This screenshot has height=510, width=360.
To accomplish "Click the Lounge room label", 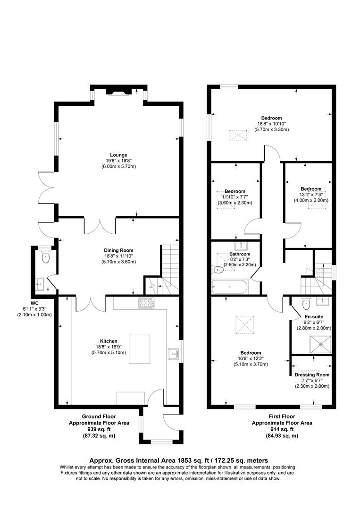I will tap(118, 154).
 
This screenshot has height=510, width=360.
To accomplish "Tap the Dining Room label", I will tap(118, 250).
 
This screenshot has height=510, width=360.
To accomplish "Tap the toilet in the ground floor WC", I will tap(45, 257).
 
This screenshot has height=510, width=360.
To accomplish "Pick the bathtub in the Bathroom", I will tap(229, 286).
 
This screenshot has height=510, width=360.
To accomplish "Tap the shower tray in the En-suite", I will tap(321, 344).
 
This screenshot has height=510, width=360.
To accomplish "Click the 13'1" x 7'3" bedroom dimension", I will tap(311, 194).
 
